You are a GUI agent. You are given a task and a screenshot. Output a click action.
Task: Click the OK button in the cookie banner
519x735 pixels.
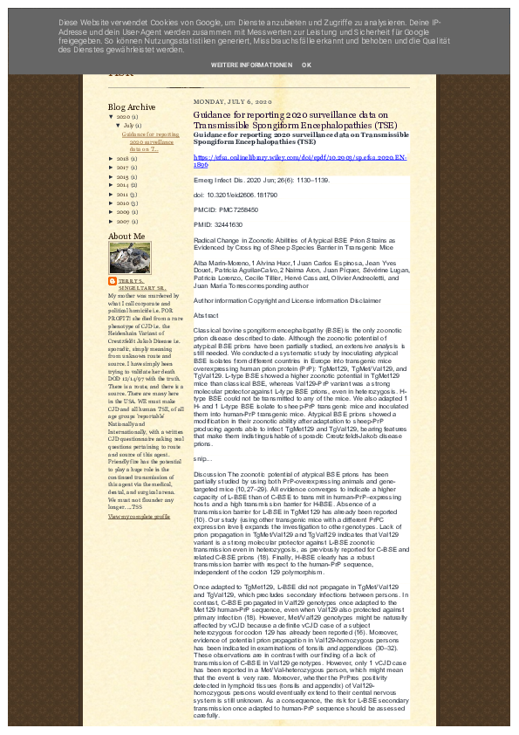306,65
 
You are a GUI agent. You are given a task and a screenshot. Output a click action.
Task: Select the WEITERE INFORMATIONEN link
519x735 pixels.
251,65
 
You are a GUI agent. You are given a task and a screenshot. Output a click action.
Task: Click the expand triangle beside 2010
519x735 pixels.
111,203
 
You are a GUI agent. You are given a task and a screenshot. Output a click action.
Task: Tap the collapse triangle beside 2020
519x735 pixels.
111,116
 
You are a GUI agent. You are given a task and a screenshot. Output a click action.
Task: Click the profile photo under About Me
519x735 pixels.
129,258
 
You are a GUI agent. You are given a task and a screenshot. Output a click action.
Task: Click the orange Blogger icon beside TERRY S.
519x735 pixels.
112,281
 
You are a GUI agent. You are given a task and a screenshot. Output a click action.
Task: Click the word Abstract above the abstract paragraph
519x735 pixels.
206,314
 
